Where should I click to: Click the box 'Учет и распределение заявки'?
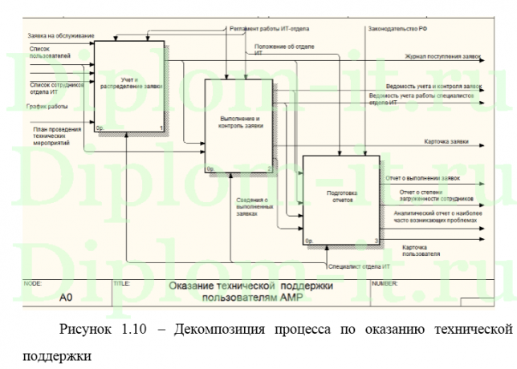(129, 85)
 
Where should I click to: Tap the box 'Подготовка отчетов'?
(341, 201)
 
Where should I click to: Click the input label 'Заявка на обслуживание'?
(61, 36)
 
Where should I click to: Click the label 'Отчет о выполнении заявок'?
(422, 178)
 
